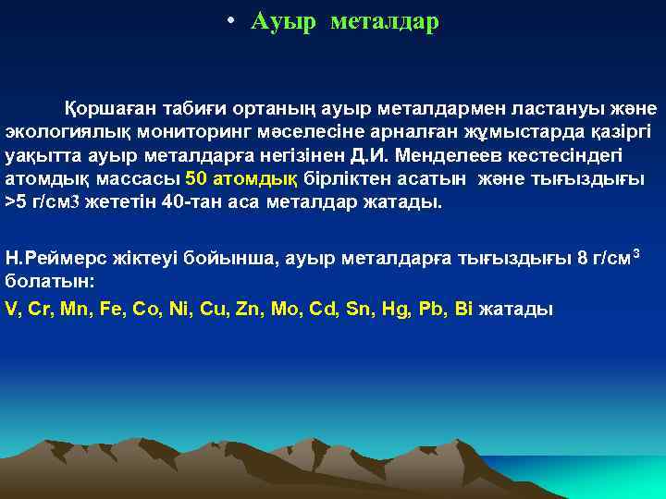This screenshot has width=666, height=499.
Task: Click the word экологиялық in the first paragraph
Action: point(55,130)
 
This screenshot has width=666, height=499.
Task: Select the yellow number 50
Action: point(197,177)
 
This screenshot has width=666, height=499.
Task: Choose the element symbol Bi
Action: point(463,308)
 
